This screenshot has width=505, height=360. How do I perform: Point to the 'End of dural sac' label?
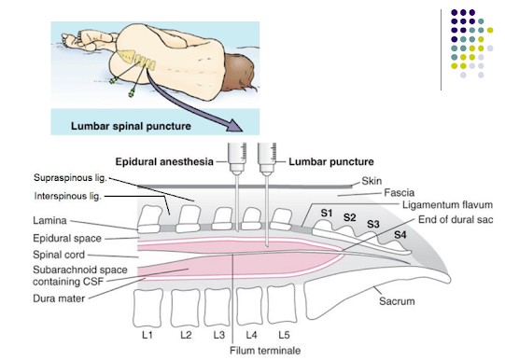pyautogui.click(x=451, y=219)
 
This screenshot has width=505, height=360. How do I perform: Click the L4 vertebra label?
pyautogui.click(x=250, y=333)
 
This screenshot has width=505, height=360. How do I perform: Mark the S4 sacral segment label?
pyautogui.click(x=400, y=234)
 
